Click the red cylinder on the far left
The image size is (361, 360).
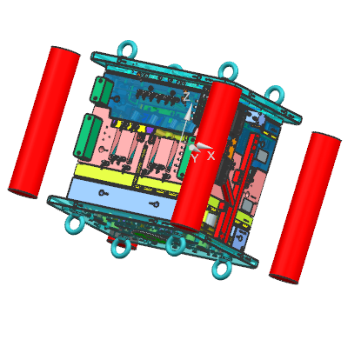point(44,123)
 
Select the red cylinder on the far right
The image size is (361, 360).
point(305,208)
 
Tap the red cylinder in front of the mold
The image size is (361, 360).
point(206,157)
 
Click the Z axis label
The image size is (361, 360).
point(187,97)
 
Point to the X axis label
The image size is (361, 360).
point(211,156)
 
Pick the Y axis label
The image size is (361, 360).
point(194,158)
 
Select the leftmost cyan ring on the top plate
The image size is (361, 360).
point(127,50)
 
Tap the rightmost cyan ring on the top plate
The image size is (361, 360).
point(274,94)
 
